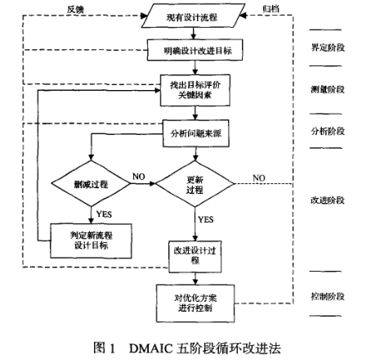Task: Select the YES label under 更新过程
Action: [x=206, y=219]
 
